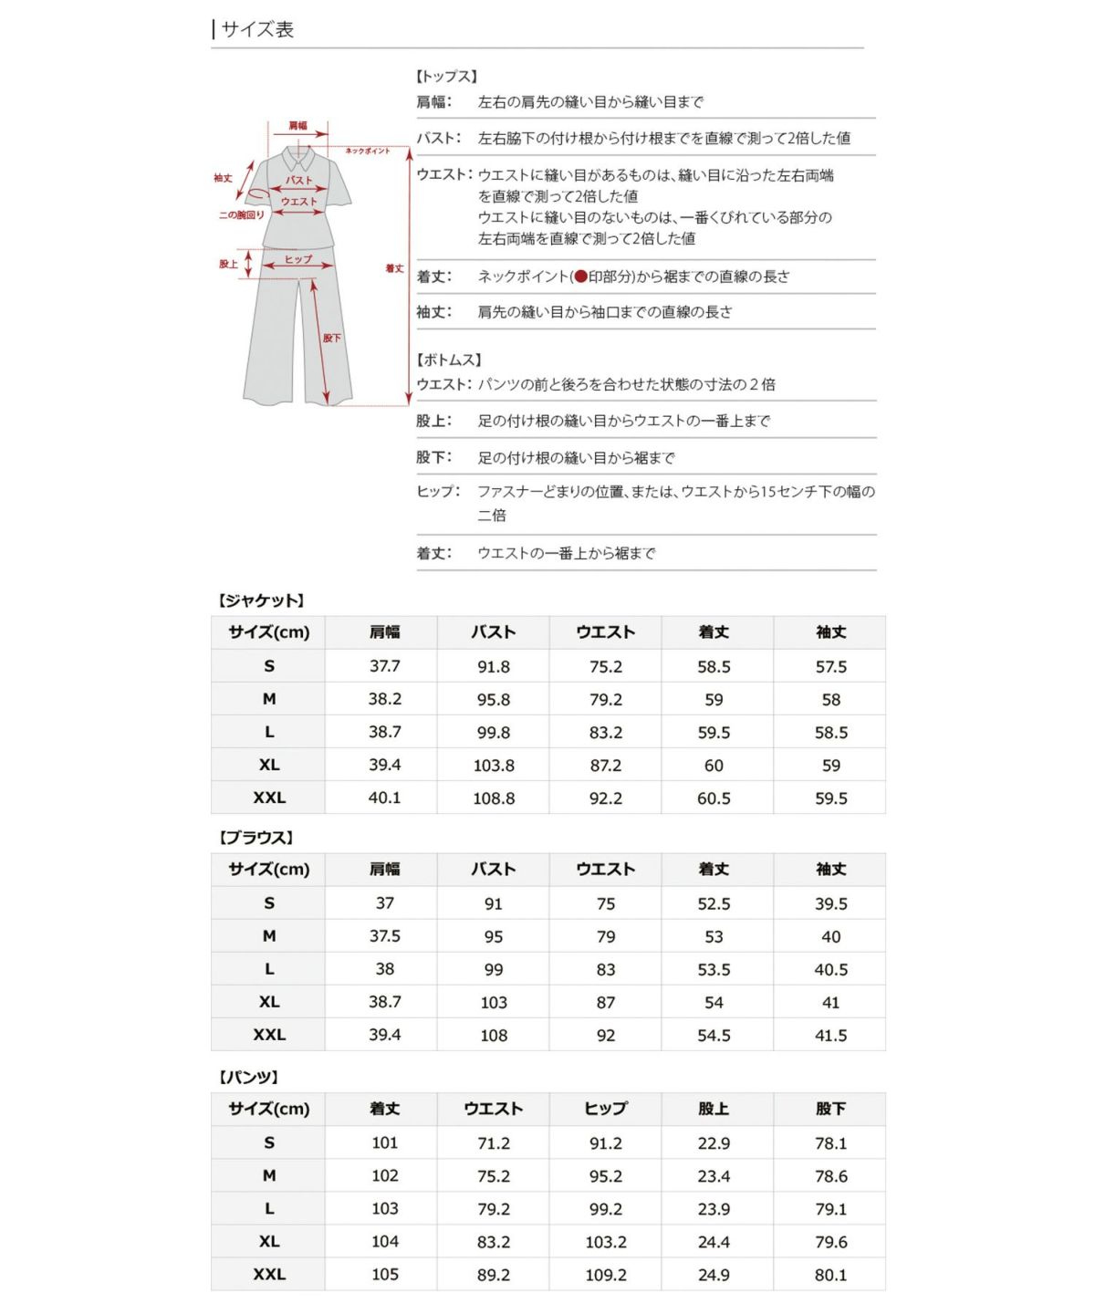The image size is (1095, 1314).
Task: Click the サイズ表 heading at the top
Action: pyautogui.click(x=257, y=30)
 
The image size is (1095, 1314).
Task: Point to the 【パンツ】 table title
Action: pyautogui.click(x=248, y=1077)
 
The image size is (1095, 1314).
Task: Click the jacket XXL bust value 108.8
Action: pyautogui.click(x=494, y=798)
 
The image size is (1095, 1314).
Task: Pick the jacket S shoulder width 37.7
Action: pyautogui.click(x=385, y=666)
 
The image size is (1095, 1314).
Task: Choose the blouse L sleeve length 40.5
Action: pyautogui.click(x=830, y=970)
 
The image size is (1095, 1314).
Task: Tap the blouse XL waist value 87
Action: pyautogui.click(x=606, y=1003)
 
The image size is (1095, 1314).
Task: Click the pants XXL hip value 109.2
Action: pyautogui.click(x=606, y=1275)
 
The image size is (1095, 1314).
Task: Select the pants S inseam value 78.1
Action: pyautogui.click(x=830, y=1143)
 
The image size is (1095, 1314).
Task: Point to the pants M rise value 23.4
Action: pyautogui.click(x=714, y=1176)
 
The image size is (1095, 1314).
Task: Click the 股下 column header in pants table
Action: pyautogui.click(x=830, y=1109)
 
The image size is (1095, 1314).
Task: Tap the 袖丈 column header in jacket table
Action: pyautogui.click(x=830, y=632)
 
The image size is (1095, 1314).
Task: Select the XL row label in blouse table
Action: pyautogui.click(x=269, y=1002)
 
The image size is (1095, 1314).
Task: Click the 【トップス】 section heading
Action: pyautogui.click(x=447, y=77)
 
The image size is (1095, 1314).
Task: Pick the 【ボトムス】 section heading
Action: pyautogui.click(x=449, y=360)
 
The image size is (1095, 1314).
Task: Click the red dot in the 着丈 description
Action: pyautogui.click(x=580, y=276)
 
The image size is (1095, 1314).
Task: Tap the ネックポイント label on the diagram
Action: pyautogui.click(x=367, y=151)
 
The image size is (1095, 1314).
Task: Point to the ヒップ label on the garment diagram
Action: pyautogui.click(x=297, y=259)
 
